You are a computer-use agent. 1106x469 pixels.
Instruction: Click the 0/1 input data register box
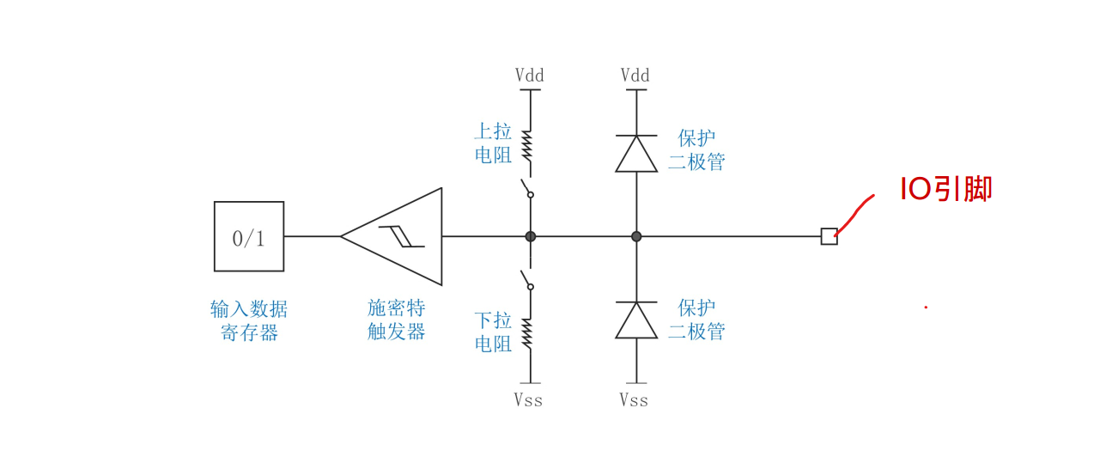tap(249, 237)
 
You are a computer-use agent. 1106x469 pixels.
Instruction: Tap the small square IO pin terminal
tap(829, 236)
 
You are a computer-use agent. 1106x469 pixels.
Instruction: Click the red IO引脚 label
tap(945, 189)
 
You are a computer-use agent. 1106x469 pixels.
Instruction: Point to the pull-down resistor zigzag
tap(527, 333)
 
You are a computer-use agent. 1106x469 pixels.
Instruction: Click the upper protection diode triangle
tap(636, 154)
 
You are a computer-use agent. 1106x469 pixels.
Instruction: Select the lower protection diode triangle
tap(636, 320)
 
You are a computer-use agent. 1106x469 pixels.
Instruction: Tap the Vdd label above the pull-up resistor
tap(530, 76)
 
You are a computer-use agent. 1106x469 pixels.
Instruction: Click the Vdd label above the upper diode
tap(635, 76)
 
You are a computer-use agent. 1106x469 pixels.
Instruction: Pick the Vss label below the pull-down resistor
tap(528, 400)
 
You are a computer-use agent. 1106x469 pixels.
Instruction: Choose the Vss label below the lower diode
tap(634, 400)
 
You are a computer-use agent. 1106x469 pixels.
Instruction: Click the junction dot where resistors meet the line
tap(531, 236)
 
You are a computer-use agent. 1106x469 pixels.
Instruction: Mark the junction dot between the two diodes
tap(636, 236)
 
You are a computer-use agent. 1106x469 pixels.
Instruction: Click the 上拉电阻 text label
tap(493, 143)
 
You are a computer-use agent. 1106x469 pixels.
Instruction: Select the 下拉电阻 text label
tap(493, 332)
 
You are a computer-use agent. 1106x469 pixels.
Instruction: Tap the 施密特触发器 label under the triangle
tap(397, 320)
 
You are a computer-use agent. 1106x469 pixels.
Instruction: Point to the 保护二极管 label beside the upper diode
tap(696, 150)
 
